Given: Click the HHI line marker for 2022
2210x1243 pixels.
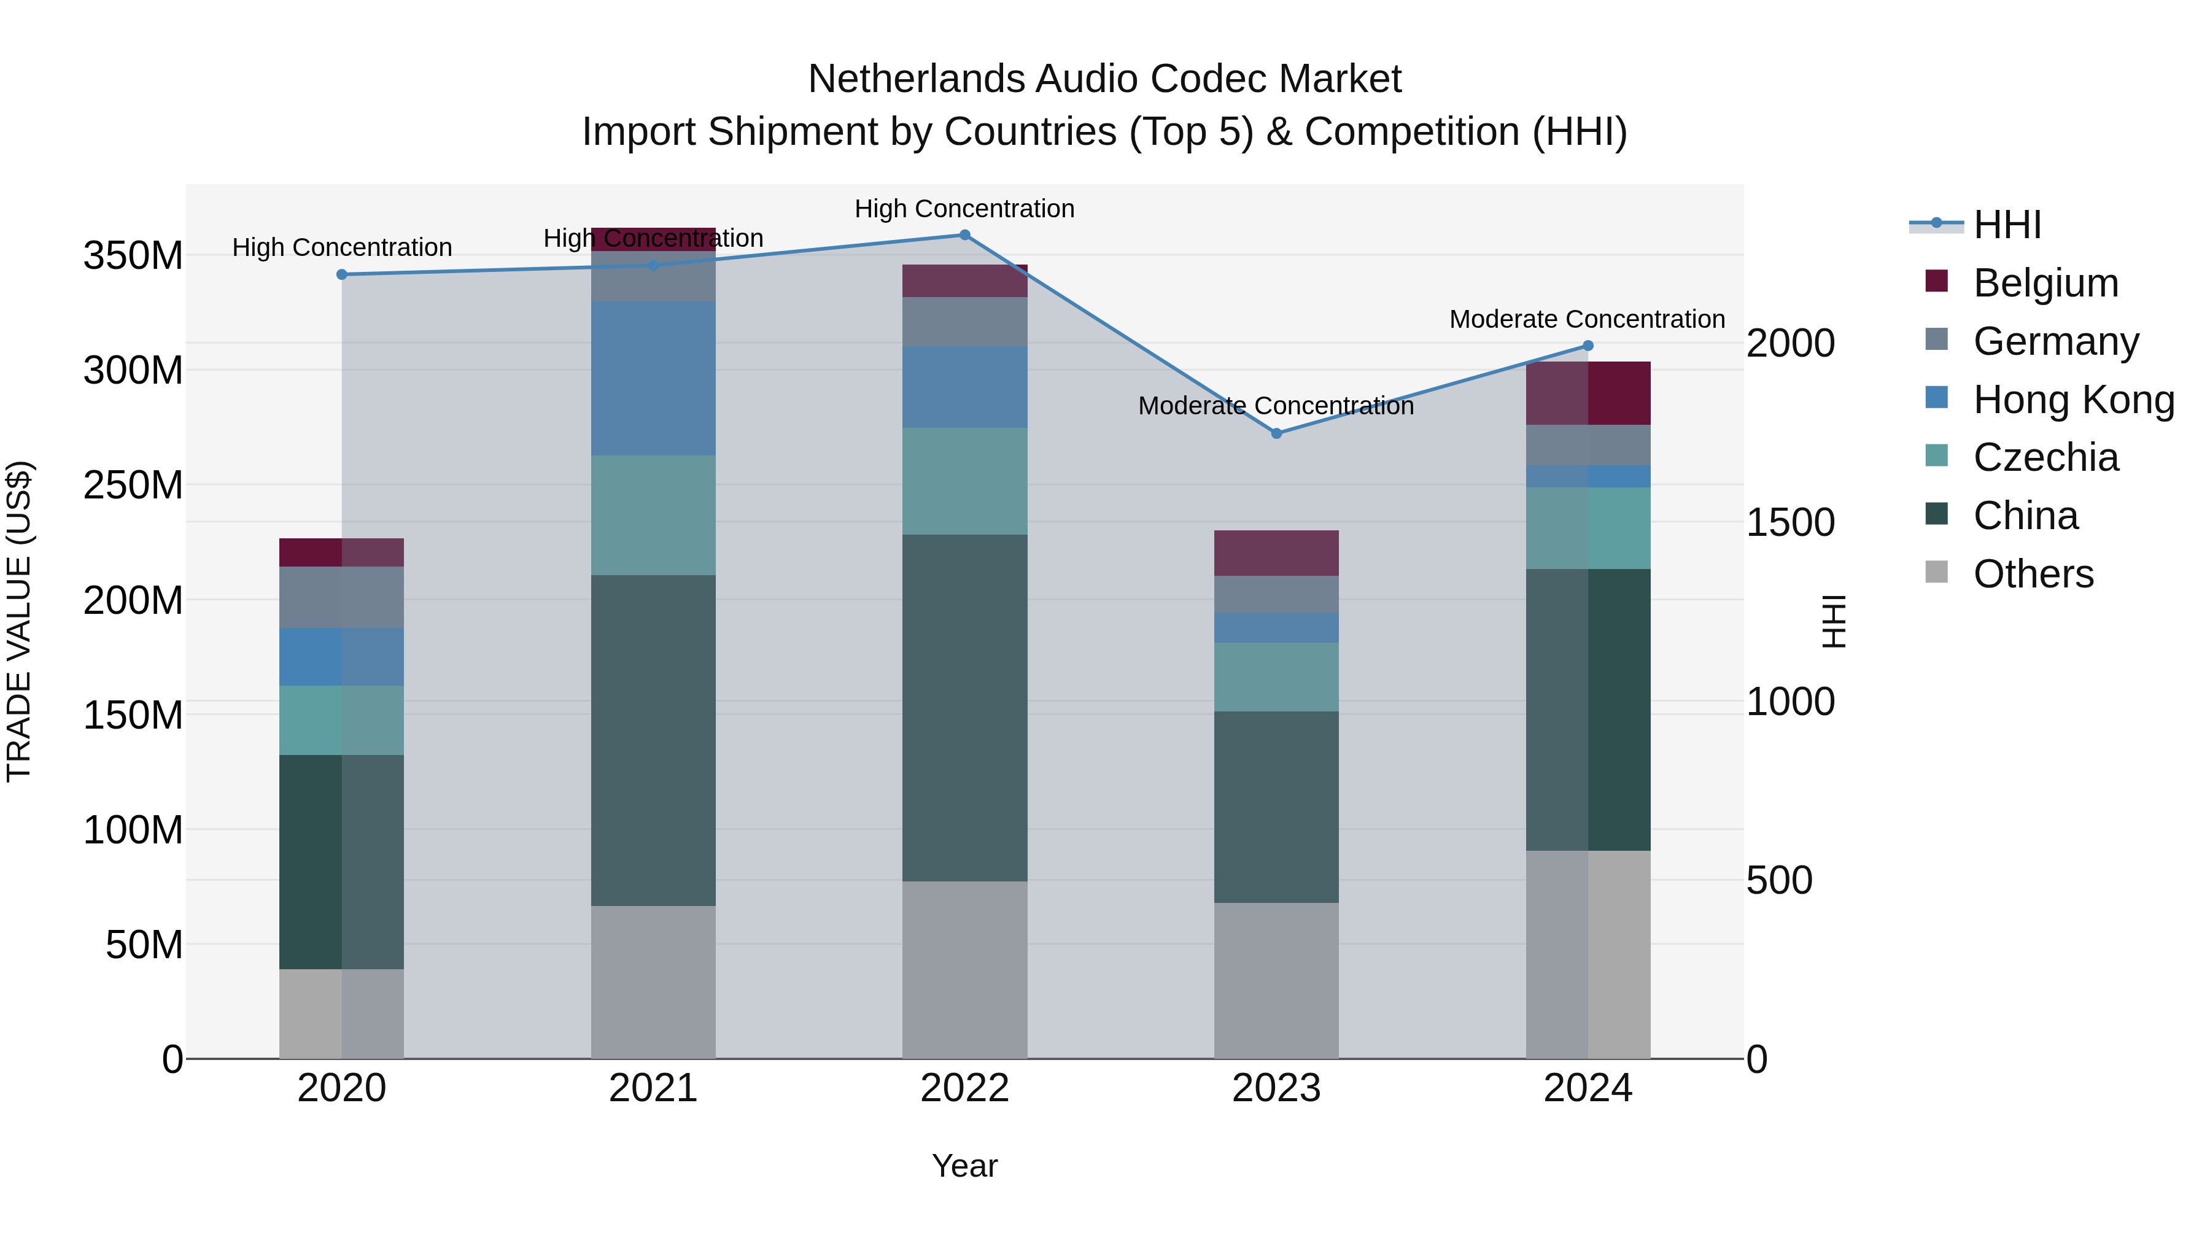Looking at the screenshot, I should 964,235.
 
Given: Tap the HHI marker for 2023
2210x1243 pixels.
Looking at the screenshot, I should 1276,433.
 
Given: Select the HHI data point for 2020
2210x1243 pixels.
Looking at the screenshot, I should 341,274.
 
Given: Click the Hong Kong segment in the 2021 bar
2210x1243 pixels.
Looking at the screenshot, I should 653,378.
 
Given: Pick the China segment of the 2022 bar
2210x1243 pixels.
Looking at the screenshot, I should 964,708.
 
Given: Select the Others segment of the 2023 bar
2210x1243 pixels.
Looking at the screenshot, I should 1276,980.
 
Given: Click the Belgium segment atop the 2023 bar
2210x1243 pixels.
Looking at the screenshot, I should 1276,552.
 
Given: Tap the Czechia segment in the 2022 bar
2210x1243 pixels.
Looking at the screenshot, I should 964,481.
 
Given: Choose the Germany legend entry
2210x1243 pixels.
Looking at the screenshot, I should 2055,341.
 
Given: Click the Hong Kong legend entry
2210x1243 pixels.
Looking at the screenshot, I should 2072,400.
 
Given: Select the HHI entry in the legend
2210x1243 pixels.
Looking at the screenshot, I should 2006,225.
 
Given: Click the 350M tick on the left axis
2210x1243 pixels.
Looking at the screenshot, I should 133,255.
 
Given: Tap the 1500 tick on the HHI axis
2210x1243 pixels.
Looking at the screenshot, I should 1791,522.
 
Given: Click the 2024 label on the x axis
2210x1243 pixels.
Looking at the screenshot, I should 1587,1088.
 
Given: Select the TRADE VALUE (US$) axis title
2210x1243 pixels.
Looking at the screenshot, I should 19,621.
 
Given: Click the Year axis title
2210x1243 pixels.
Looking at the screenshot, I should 964,1166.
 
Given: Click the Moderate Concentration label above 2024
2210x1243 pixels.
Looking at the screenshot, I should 1586,319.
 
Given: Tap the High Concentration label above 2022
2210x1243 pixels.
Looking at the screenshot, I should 964,209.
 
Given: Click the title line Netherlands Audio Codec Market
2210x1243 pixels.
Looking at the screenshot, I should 1104,79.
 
